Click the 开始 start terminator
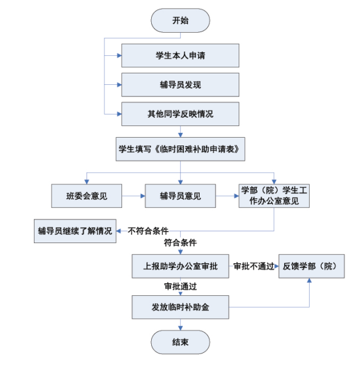(x=180, y=21)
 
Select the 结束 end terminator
(x=180, y=342)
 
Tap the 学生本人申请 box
(x=180, y=56)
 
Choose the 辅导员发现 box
(x=180, y=85)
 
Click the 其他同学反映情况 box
(x=180, y=114)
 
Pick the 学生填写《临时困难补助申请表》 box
(x=180, y=149)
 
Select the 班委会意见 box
(x=87, y=196)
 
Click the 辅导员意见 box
(x=180, y=196)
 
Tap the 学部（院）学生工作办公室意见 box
(x=274, y=196)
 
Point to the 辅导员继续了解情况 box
(x=75, y=231)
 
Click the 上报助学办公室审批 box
(x=180, y=266)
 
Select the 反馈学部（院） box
(x=311, y=266)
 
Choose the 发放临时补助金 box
(x=180, y=307)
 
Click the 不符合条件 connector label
(x=148, y=231)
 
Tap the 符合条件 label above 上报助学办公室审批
(x=180, y=243)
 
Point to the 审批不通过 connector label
(x=254, y=266)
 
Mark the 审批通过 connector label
(x=180, y=286)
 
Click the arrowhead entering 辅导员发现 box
(x=120, y=85)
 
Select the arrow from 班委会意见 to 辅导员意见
(x=134, y=196)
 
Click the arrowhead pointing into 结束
(x=180, y=328)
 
